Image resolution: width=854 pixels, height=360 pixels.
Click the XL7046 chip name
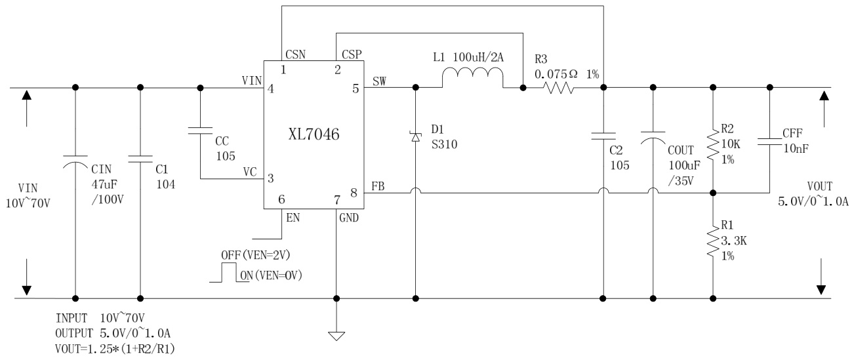point(315,136)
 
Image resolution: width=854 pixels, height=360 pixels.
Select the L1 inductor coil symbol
point(472,79)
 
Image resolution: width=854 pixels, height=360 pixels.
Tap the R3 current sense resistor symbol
point(561,87)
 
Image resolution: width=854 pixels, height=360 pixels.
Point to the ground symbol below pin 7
point(336,336)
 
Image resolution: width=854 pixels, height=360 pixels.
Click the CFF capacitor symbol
point(769,140)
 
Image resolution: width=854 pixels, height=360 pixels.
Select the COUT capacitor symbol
point(653,140)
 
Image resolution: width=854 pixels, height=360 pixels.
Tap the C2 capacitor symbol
point(602,137)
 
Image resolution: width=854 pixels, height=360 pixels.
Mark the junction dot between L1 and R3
point(523,87)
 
